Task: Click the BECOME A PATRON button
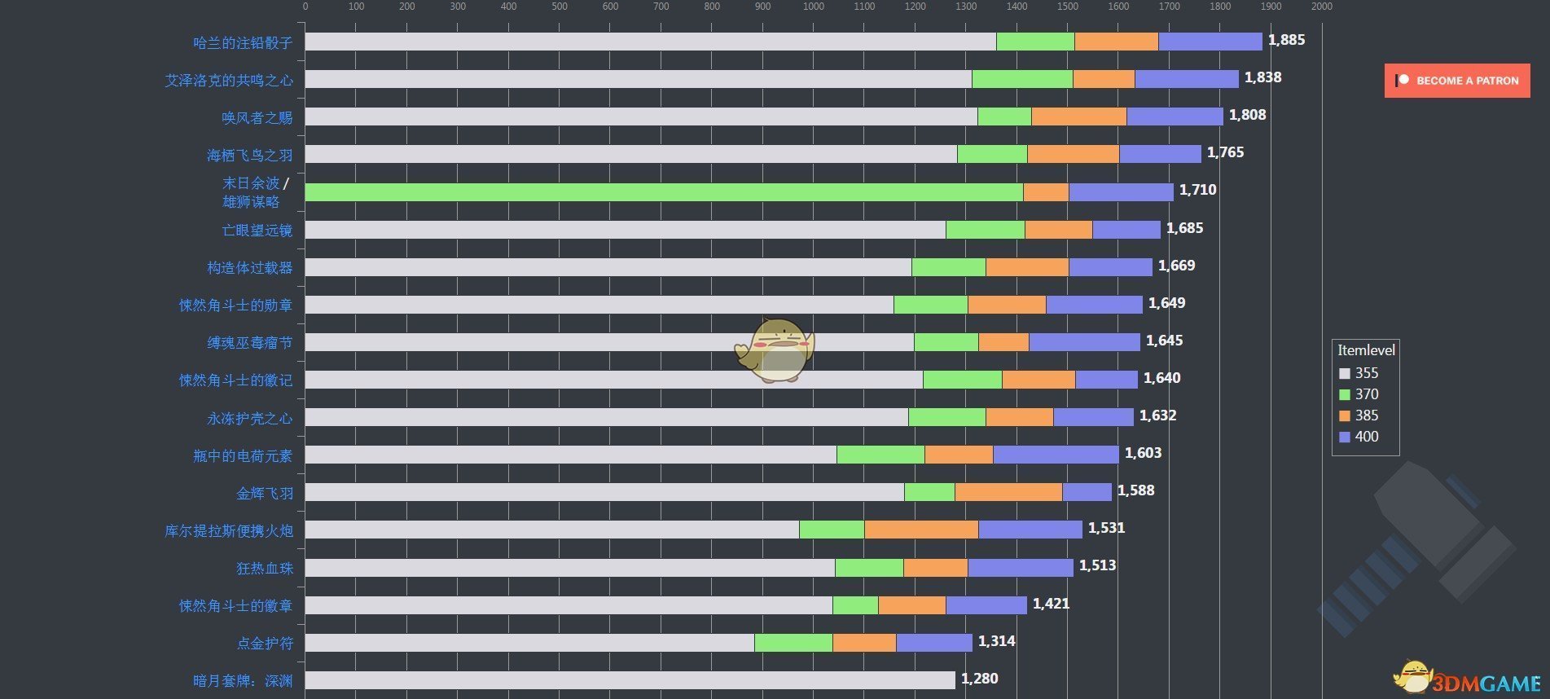coord(1457,81)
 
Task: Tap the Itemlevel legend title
coord(1366,350)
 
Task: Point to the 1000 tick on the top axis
coord(813,7)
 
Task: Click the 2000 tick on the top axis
coord(1321,7)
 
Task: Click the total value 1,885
coord(1286,40)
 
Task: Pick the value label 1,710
coord(1197,190)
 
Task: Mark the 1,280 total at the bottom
coord(979,679)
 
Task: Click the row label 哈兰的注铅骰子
coord(243,42)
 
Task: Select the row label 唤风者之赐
coord(257,117)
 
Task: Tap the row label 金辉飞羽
coord(265,493)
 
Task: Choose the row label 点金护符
coord(265,643)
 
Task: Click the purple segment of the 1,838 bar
coord(1186,79)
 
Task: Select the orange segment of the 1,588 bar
coord(1008,492)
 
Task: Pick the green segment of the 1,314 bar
coord(793,643)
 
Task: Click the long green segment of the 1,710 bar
coord(664,192)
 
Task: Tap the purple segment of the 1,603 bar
coord(1056,455)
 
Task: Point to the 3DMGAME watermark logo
coord(1470,680)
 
